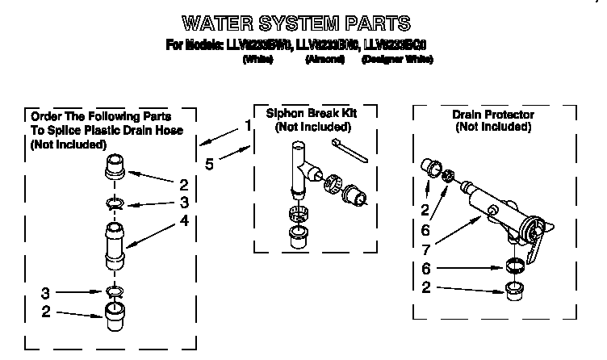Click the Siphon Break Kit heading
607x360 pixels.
click(311, 114)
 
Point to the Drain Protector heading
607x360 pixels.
click(493, 115)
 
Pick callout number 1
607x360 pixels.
click(247, 125)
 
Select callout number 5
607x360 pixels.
click(209, 164)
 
